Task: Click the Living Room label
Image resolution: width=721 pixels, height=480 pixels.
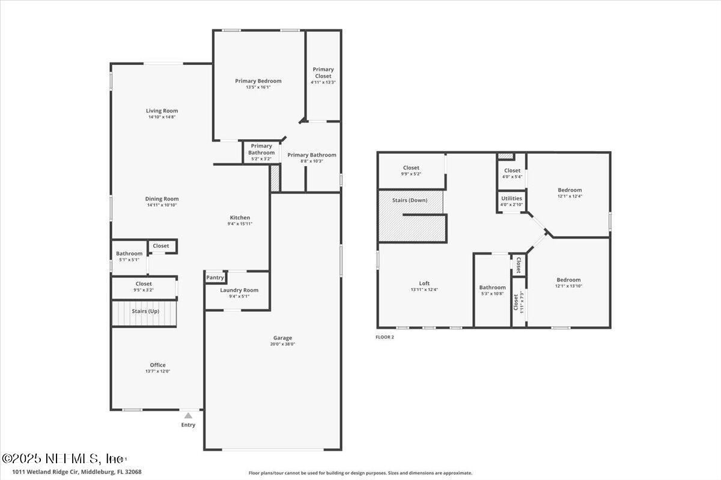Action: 162,111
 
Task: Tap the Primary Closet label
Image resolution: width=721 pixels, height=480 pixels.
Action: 323,73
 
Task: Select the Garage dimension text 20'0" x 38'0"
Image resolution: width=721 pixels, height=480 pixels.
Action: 282,344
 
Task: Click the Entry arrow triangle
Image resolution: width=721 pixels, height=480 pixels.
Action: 188,415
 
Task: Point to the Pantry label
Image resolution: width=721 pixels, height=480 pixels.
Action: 215,278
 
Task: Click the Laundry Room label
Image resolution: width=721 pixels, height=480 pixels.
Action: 239,290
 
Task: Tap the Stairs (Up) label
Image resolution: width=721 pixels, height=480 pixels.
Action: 145,311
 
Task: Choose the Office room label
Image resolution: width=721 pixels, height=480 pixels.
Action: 157,365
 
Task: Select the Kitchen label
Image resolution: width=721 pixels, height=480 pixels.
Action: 240,218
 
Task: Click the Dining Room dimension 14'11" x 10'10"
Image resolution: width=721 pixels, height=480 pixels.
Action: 162,205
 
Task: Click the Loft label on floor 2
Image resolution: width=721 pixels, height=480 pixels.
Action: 424,284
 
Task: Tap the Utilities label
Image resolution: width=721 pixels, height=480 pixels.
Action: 512,199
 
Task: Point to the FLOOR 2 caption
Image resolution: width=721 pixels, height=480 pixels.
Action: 385,337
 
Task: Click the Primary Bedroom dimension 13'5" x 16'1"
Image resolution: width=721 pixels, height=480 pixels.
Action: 258,87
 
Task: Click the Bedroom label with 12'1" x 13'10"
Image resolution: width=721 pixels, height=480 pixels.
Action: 568,280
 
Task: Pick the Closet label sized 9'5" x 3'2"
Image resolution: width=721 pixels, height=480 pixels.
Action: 144,284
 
